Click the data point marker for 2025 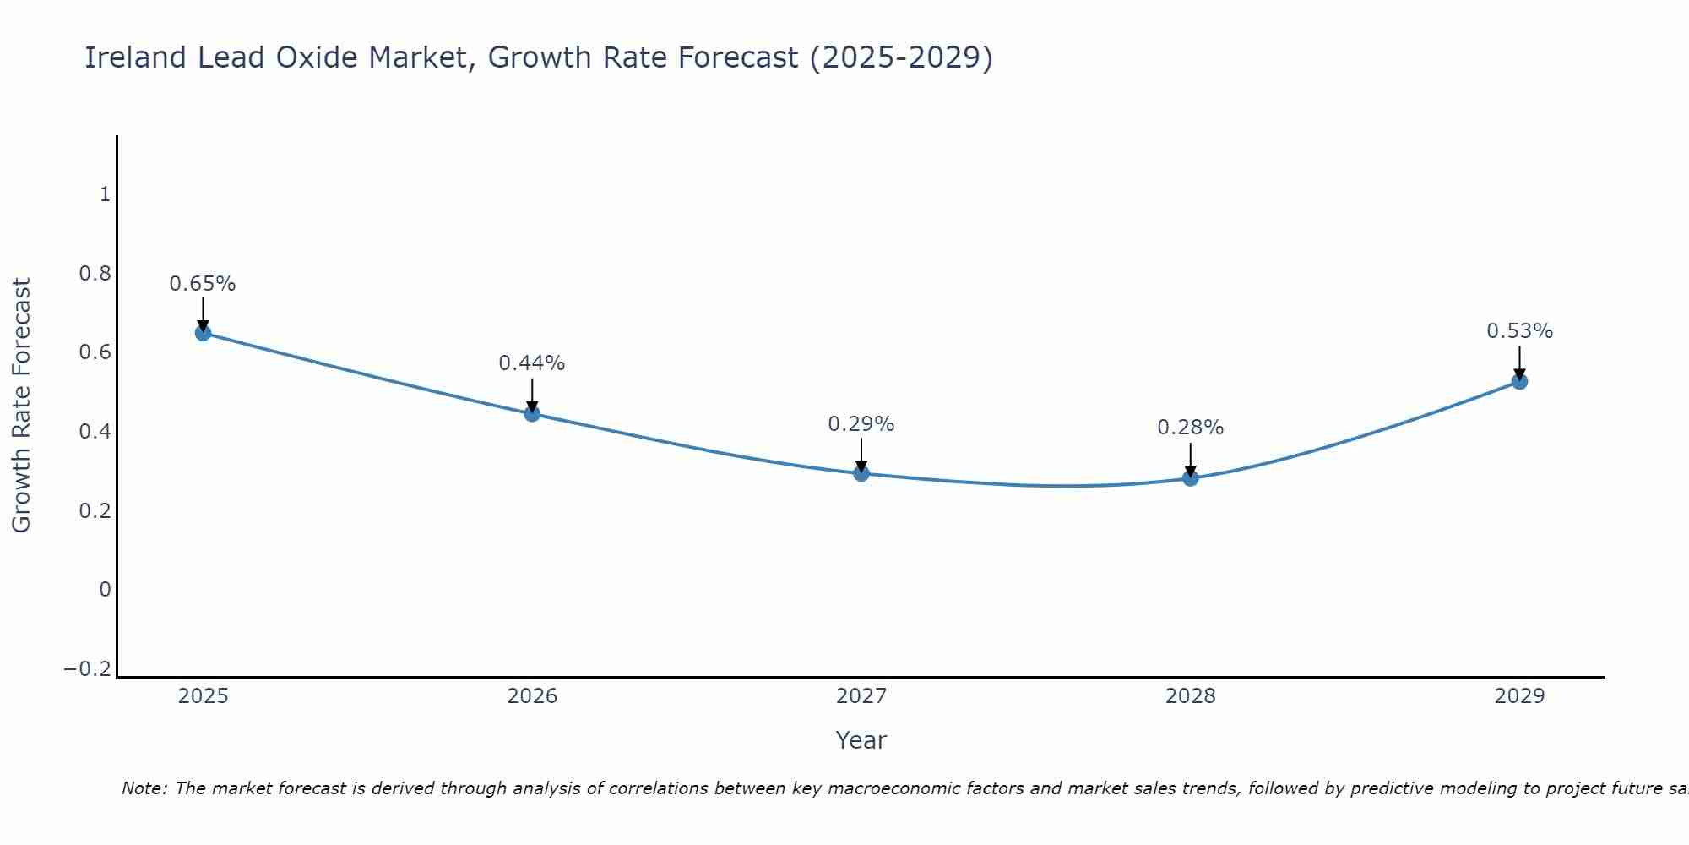203,333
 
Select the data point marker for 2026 532,413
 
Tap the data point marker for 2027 861,473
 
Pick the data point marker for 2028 1190,478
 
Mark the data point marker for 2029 1519,381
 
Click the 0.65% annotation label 203,284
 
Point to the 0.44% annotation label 532,363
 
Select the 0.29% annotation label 861,424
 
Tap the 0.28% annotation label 1190,428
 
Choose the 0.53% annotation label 1519,331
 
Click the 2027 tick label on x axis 861,696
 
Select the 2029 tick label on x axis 1519,696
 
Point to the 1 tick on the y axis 105,195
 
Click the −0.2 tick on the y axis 88,669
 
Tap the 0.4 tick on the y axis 95,432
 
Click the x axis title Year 861,740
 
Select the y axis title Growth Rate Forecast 21,406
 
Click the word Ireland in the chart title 135,57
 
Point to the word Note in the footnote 144,788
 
